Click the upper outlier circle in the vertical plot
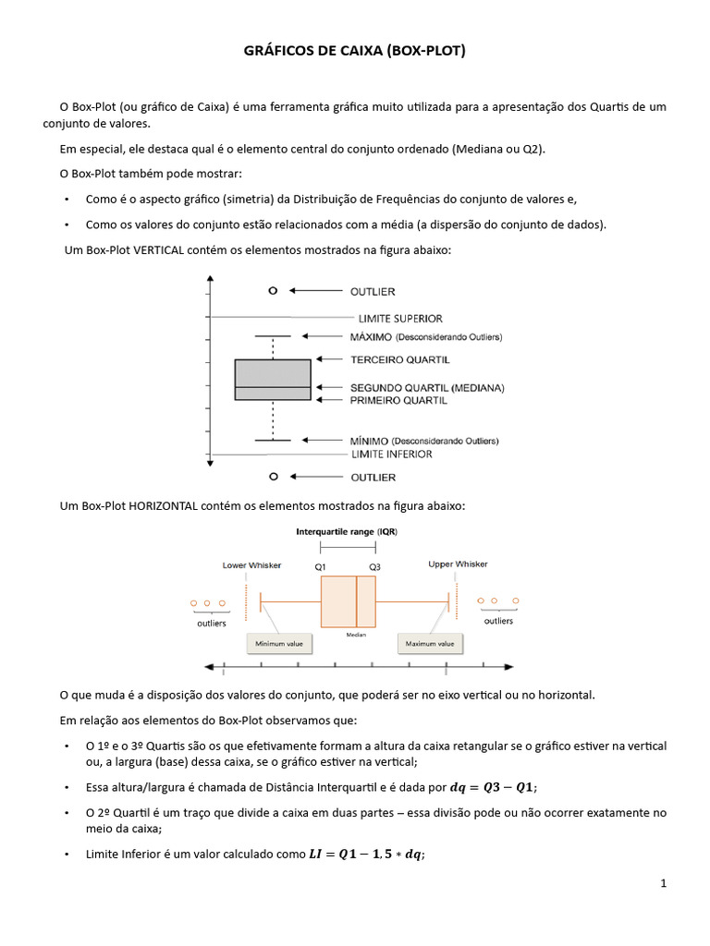coord(272,290)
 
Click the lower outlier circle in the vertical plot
coord(272,477)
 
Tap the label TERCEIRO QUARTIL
coord(399,359)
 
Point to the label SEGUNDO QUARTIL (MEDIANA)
coord(427,388)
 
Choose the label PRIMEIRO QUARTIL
coord(398,401)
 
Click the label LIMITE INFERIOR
coord(391,455)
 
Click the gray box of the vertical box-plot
coord(272,380)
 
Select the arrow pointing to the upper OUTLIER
coord(314,291)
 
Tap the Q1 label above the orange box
coord(321,565)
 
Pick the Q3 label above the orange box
coord(374,565)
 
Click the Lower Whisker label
coord(251,564)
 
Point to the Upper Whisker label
coord(458,564)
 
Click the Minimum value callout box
coord(280,643)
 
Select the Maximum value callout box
coord(430,643)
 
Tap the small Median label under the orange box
coord(356,636)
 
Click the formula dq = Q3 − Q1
coord(492,787)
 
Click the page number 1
coord(663,883)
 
